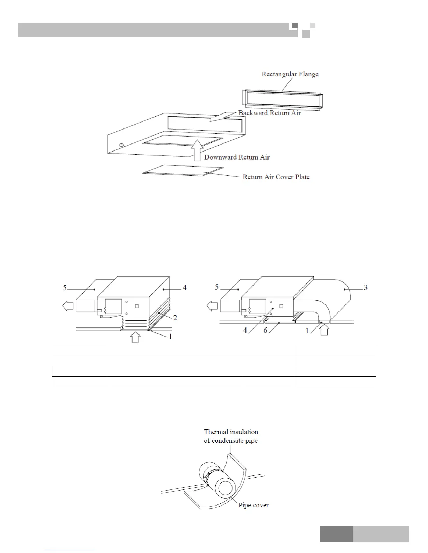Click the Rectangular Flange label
tap(290, 74)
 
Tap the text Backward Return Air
tap(269, 113)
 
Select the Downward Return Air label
tap(237, 157)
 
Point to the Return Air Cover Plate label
tap(276, 177)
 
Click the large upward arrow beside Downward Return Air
tap(197, 150)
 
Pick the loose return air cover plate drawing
tap(183, 170)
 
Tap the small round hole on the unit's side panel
tap(121, 145)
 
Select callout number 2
tap(175, 318)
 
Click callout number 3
tap(365, 288)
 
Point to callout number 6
tap(265, 330)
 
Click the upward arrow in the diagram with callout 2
tap(135, 337)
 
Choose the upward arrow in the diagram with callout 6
tap(324, 330)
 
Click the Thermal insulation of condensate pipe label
tap(231, 436)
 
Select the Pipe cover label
tap(254, 505)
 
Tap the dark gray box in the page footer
tap(336, 534)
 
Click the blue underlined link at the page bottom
tap(69, 550)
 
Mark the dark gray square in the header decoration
tap(294, 25)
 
